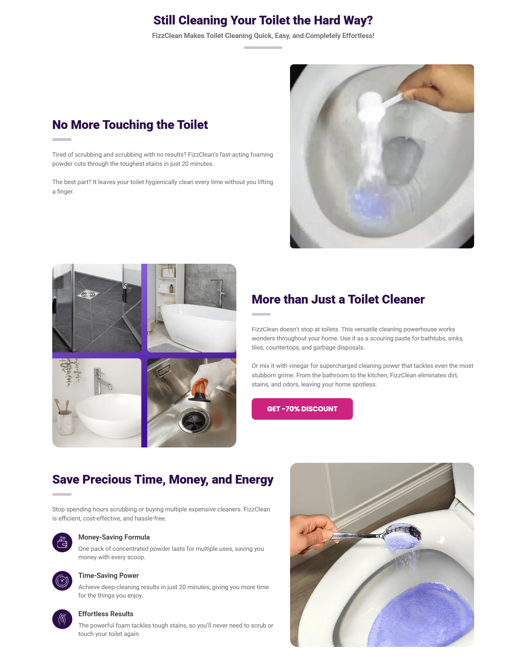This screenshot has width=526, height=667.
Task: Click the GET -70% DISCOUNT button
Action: tap(302, 409)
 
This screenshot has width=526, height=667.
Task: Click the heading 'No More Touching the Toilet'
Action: tap(130, 125)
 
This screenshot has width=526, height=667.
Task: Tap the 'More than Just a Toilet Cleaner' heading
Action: tap(338, 300)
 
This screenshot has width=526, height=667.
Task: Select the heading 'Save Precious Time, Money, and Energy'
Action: tap(163, 480)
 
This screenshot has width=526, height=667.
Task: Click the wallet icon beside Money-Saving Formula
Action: tap(62, 542)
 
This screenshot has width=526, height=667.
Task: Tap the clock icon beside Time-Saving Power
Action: tap(62, 581)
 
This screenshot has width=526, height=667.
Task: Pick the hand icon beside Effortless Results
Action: tap(62, 619)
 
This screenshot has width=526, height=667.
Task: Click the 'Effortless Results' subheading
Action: tap(106, 614)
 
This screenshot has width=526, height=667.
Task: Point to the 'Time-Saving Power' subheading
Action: tap(108, 576)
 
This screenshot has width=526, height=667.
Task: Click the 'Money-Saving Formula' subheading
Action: tap(114, 537)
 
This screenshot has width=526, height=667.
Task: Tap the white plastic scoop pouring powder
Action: tap(380, 102)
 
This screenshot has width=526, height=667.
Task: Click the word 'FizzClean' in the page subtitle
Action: tap(167, 36)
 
